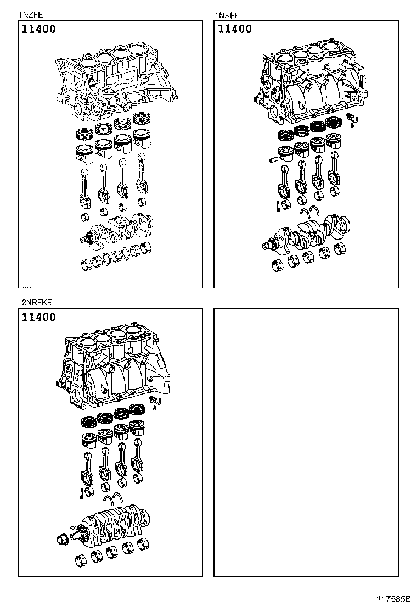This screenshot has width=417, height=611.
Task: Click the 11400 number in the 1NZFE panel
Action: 39,30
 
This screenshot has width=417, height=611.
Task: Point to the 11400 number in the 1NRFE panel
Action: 235,29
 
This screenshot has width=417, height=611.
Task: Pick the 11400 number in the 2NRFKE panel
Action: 39,317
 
